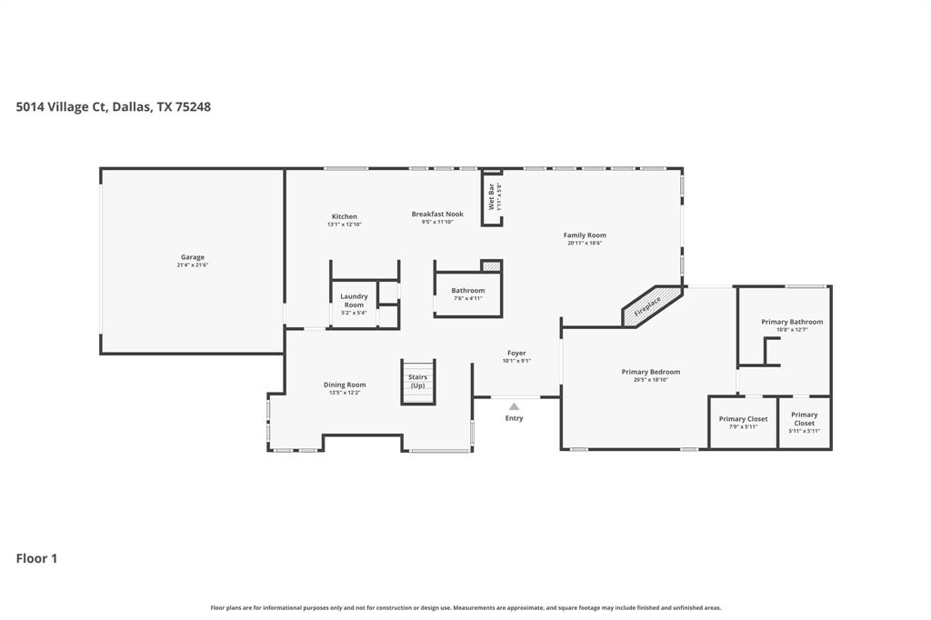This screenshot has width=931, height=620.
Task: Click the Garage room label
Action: point(192,257)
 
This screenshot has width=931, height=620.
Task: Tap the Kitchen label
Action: point(344,216)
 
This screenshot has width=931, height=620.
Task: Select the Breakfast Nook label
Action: point(437,214)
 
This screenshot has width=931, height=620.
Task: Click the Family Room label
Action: point(585,235)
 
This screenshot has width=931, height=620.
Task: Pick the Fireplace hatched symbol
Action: point(652,305)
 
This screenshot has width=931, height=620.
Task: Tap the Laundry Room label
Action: point(354,300)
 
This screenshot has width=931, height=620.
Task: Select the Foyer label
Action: point(516,353)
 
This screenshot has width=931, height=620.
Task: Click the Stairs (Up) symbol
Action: point(417,381)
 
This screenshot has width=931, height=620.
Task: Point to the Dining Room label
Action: point(345,385)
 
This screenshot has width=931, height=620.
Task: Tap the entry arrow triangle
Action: point(514,406)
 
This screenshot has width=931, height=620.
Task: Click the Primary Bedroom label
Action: point(651,372)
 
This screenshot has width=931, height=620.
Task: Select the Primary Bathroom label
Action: point(792,322)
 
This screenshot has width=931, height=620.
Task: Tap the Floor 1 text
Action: point(36,558)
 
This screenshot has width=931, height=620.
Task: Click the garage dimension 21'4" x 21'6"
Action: point(192,265)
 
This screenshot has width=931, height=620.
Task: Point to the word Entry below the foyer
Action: point(514,418)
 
